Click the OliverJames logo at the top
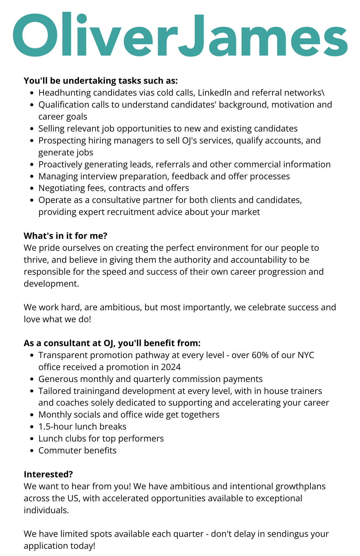tap(180, 34)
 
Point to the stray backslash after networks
tap(323, 93)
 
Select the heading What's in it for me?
tap(65, 236)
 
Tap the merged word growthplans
tap(300, 486)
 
